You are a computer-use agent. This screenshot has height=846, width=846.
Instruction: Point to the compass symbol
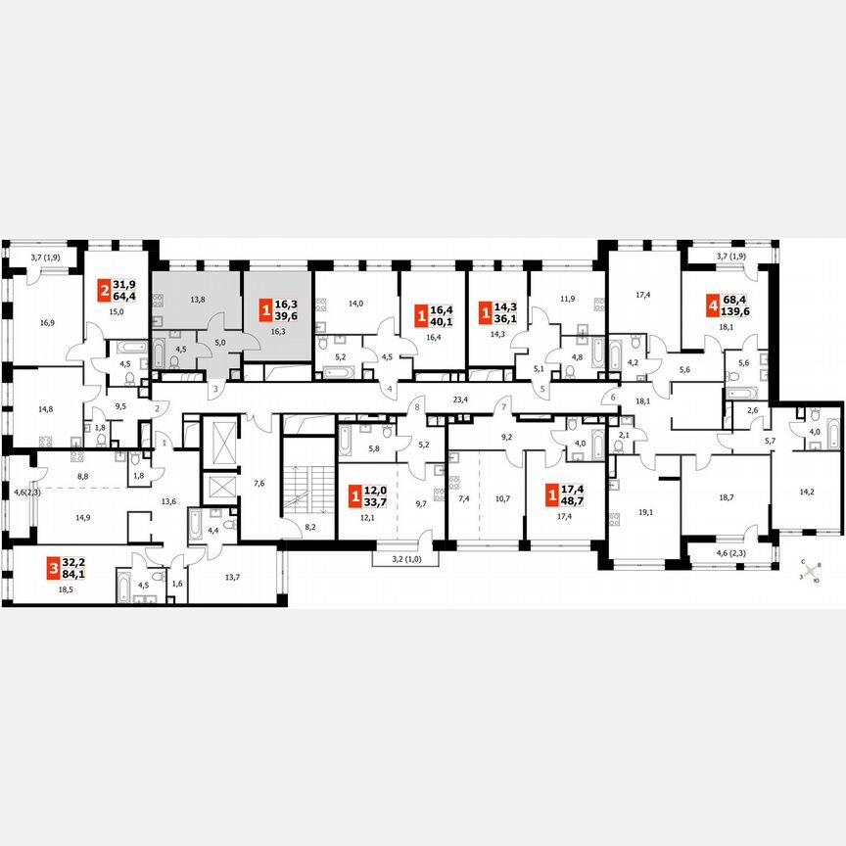pos(810,573)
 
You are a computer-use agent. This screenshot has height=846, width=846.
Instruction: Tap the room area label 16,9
pos(46,319)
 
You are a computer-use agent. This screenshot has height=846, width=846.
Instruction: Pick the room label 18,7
pos(727,497)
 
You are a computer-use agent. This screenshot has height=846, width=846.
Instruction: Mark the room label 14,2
pos(808,492)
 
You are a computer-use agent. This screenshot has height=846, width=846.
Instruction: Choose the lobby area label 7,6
pos(259,482)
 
